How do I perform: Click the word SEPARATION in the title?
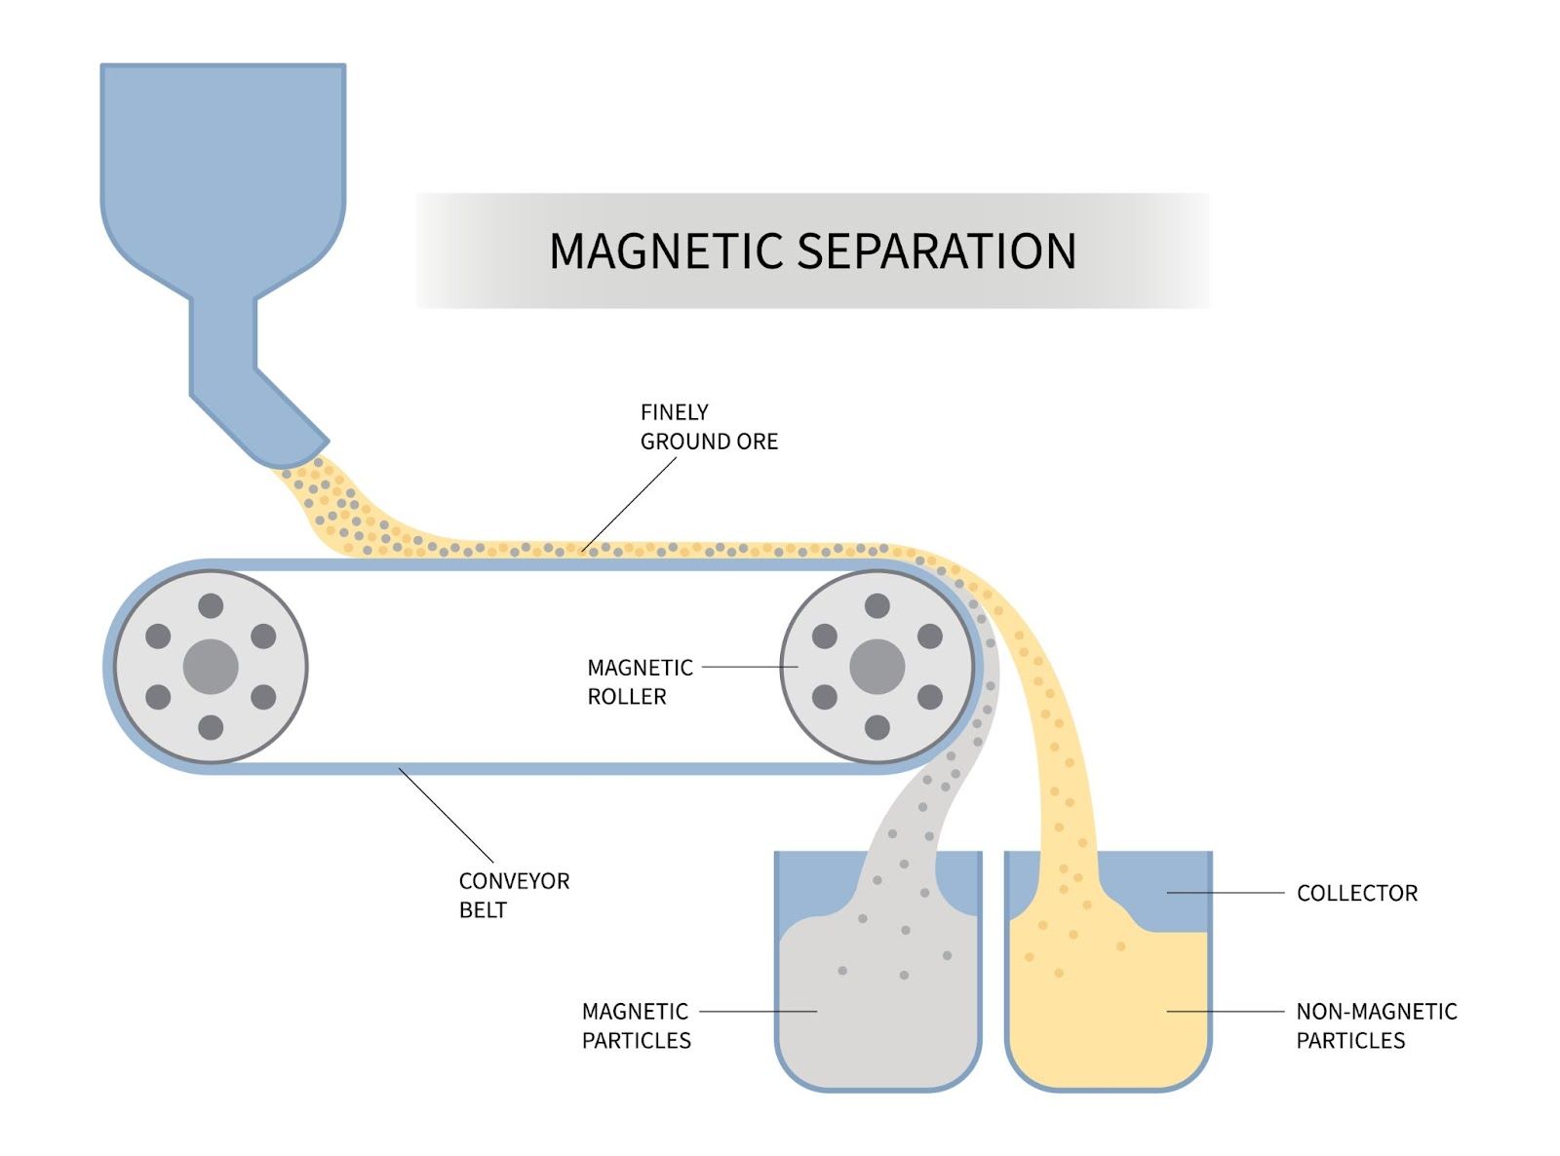(937, 251)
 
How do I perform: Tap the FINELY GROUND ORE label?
(708, 427)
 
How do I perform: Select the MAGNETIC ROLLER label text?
(639, 682)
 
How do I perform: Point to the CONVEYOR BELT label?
(513, 895)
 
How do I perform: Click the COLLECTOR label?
(1356, 893)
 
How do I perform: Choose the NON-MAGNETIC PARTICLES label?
(1375, 1025)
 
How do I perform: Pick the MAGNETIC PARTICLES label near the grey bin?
(636, 1025)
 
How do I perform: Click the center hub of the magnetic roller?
(877, 667)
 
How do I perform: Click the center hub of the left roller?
(211, 667)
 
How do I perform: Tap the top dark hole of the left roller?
(211, 606)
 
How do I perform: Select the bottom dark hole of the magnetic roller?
(877, 727)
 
